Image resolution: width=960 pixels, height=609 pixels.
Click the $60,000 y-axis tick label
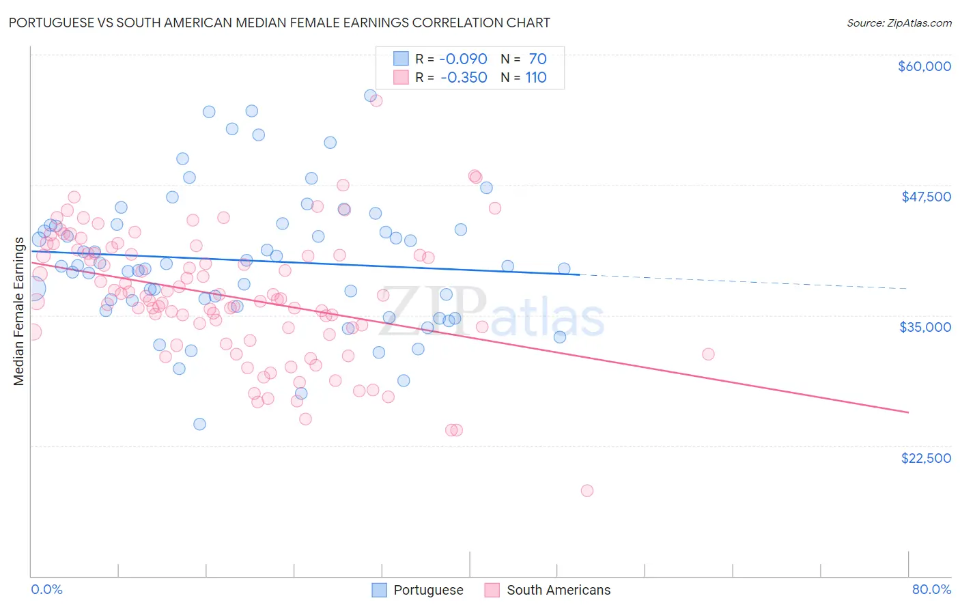pos(924,66)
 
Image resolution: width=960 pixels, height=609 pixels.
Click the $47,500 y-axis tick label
pos(926,197)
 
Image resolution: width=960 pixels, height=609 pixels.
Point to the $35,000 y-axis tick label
pos(925,327)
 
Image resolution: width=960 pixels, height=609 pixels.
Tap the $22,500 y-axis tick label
pos(926,458)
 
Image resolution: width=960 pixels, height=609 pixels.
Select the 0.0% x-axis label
pos(46,589)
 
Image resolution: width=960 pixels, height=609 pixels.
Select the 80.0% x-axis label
pos(931,589)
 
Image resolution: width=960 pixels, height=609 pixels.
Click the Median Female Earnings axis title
pos(19,311)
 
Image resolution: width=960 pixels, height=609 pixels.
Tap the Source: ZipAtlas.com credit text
pos(899,23)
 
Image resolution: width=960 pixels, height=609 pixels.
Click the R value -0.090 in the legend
pos(463,59)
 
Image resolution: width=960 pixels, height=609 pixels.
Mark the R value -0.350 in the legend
pos(464,77)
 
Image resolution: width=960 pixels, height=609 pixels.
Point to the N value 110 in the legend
pos(536,77)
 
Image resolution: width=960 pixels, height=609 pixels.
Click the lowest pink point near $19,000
pos(587,490)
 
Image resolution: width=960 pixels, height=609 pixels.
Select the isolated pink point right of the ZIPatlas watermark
pos(708,354)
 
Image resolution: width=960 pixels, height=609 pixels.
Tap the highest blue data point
pos(370,96)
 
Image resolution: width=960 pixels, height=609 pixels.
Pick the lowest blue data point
pos(199,424)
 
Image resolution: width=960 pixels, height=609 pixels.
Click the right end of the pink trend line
pos(908,412)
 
